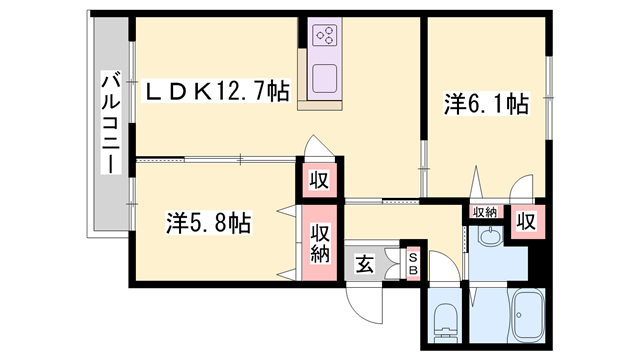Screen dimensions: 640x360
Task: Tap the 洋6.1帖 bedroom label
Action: [486, 103]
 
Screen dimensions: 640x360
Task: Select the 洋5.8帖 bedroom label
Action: [207, 223]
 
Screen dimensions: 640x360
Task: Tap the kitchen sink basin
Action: [327, 78]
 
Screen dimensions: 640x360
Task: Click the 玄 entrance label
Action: [365, 264]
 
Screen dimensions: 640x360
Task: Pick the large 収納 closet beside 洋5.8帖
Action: [320, 241]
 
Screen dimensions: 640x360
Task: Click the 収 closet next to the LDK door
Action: [319, 180]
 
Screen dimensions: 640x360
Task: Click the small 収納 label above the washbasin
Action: [485, 212]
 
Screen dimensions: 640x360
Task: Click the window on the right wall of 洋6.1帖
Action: [548, 90]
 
